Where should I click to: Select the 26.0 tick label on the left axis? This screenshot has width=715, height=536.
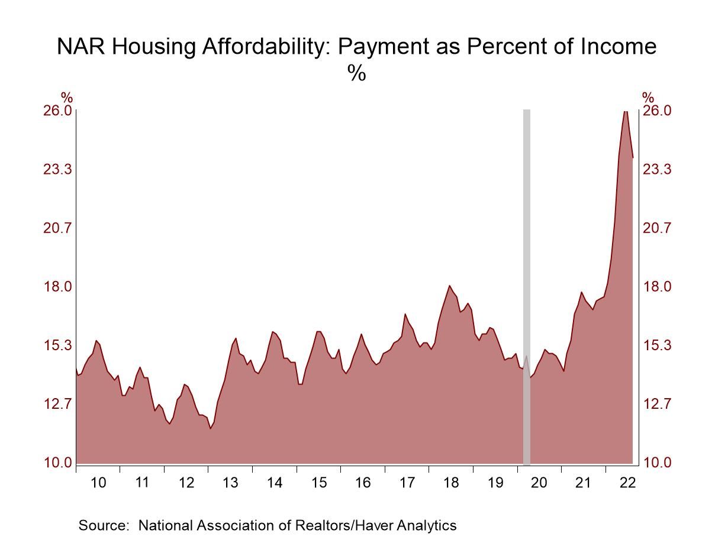click(x=57, y=111)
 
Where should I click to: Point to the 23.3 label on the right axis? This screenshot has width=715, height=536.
click(x=658, y=170)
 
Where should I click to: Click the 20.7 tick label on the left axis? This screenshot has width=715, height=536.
click(x=57, y=228)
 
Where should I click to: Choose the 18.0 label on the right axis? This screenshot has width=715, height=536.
click(x=658, y=287)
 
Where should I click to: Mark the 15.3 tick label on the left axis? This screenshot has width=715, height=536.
click(x=57, y=345)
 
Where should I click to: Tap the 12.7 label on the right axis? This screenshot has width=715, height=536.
click(x=658, y=404)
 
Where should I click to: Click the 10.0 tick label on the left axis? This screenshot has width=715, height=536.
click(x=57, y=463)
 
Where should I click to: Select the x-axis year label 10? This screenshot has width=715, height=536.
click(x=98, y=483)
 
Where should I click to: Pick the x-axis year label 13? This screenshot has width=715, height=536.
click(x=230, y=483)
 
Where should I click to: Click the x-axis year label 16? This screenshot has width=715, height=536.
click(x=363, y=483)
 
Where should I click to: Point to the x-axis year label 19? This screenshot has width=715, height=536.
click(x=495, y=483)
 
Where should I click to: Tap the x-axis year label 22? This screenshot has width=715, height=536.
click(x=627, y=483)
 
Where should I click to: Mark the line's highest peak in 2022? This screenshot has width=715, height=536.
click(x=625, y=111)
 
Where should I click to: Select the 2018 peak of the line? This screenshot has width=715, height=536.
click(x=449, y=286)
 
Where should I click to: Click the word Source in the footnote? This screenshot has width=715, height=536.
click(x=102, y=525)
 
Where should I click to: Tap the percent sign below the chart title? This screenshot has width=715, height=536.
click(x=357, y=73)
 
